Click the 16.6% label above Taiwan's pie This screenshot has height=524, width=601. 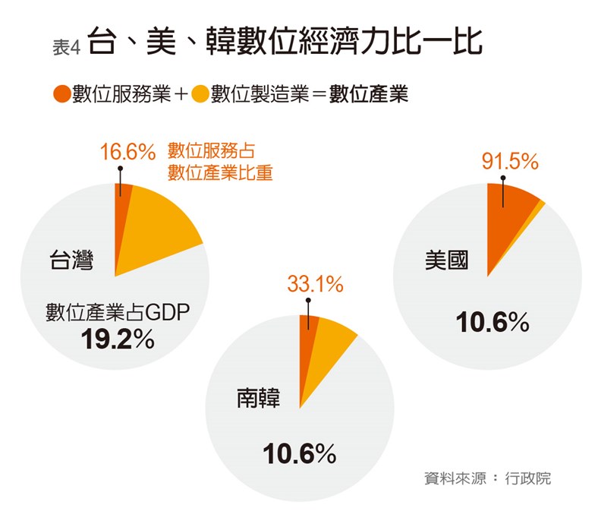(x=127, y=152)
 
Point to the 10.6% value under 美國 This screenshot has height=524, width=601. (x=492, y=323)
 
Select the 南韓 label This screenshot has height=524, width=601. (x=258, y=397)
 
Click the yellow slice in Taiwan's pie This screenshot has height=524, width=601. (x=159, y=224)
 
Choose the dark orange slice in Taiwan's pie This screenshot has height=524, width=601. (x=121, y=220)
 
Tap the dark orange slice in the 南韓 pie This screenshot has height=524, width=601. (x=307, y=342)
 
